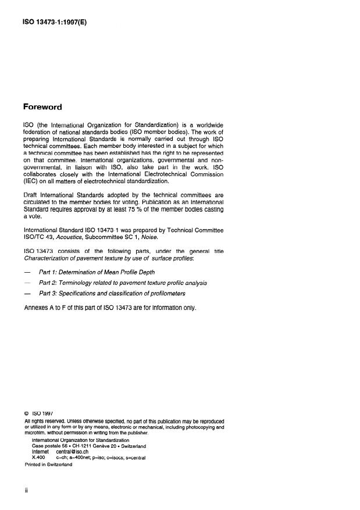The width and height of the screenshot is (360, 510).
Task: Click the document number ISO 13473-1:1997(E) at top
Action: (55, 23)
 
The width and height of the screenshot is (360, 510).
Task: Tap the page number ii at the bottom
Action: (27, 490)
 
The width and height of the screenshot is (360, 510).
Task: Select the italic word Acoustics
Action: (68, 238)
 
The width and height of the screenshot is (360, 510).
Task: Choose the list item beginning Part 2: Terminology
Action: (123, 283)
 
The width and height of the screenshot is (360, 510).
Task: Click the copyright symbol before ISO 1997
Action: (27, 414)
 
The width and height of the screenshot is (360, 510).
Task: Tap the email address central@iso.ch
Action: (73, 452)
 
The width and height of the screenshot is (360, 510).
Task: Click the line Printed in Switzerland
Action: (48, 465)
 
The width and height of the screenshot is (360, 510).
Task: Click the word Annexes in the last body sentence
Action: (36, 308)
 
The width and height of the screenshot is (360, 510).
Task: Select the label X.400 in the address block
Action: (38, 458)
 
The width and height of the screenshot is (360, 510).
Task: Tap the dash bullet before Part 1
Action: (27, 272)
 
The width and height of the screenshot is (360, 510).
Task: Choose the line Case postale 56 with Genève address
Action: (88, 446)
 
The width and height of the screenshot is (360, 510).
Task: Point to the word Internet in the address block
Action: (41, 452)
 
